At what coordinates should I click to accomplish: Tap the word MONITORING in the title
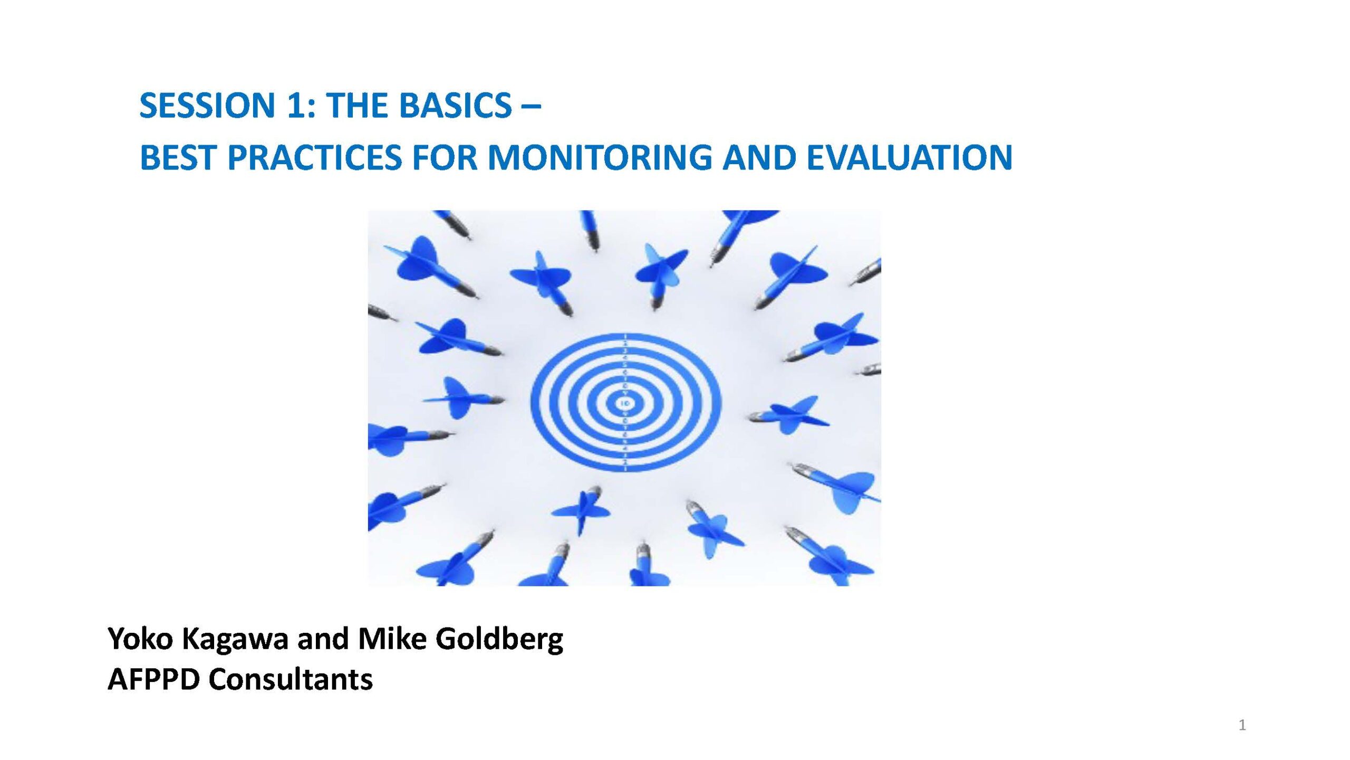600,157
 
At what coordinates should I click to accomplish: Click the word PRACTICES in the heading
314,157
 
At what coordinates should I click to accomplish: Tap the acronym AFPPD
153,679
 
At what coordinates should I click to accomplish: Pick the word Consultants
291,679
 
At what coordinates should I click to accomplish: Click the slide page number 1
1242,725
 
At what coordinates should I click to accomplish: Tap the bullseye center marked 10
625,404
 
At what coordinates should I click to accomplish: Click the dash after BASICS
531,107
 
